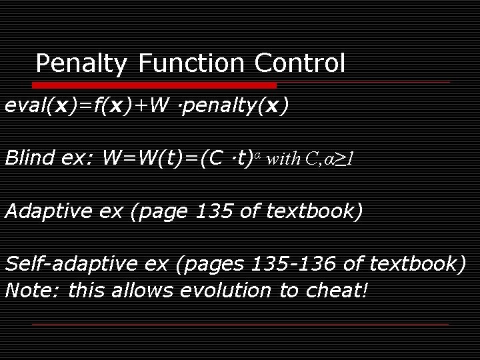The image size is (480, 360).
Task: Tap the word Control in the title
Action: click(x=299, y=64)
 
